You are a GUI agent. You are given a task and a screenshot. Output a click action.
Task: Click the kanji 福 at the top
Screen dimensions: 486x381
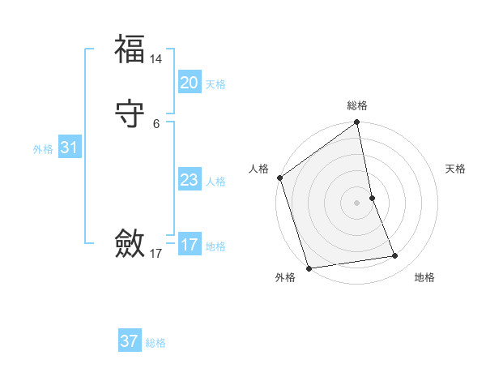pos(130,49)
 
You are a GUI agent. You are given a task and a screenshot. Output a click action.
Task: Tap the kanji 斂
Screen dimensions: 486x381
pos(130,243)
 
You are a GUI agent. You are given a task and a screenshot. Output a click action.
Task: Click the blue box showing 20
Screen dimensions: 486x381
pos(189,83)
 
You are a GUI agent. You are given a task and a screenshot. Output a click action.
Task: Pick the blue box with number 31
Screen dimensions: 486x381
pos(69,148)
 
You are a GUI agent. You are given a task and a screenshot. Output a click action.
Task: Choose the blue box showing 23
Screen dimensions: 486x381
pos(189,180)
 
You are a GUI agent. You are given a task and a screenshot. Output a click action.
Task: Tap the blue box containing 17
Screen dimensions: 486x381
pos(190,245)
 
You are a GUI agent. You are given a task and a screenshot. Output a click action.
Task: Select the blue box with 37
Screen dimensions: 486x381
pos(129,341)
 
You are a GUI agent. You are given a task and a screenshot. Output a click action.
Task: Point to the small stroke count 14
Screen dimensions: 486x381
pos(156,59)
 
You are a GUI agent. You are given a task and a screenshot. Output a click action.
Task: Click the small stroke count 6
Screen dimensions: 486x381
pos(156,124)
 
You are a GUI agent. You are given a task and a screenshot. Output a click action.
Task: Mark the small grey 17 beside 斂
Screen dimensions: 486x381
pos(156,254)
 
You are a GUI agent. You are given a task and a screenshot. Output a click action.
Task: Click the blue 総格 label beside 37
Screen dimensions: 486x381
pos(156,343)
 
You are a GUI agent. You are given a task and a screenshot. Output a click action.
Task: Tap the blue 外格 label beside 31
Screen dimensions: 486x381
pos(43,149)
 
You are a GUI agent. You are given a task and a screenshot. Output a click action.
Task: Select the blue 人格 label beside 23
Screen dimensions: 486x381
pos(216,182)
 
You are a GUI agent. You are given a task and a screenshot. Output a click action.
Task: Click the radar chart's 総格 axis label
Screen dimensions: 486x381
pos(357,105)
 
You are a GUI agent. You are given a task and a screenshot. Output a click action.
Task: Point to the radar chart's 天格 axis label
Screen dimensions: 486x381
pos(455,169)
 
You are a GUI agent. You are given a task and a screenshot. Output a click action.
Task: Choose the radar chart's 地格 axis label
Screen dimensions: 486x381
pos(424,277)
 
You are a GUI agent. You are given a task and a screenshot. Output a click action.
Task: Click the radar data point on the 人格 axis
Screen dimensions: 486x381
pos(279,178)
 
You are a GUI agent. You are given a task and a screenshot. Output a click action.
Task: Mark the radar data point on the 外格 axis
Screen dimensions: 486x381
pos(309,268)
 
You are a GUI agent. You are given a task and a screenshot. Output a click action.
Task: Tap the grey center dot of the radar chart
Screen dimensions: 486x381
pos(356,203)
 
